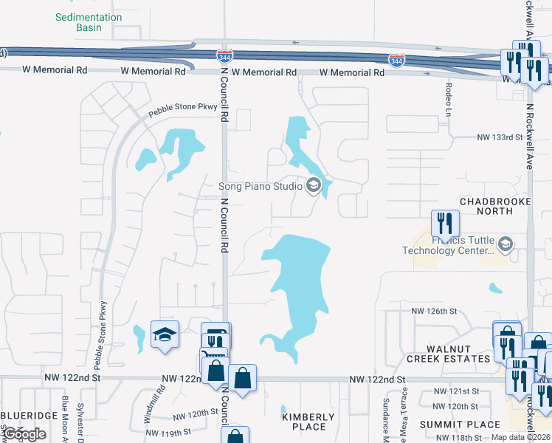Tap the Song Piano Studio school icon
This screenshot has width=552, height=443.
pyautogui.click(x=313, y=186)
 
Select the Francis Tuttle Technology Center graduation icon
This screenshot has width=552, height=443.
pyautogui.click(x=506, y=244)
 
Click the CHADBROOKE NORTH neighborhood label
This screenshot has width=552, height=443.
pyautogui.click(x=486, y=206)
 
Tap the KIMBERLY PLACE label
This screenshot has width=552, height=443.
pyautogui.click(x=308, y=422)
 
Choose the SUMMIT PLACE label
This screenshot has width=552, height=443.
pyautogui.click(x=450, y=425)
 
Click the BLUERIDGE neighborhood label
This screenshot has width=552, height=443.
pyautogui.click(x=29, y=416)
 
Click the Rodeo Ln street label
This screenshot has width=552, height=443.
pyautogui.click(x=448, y=98)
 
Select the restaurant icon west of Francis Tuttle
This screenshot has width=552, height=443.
pyautogui.click(x=445, y=222)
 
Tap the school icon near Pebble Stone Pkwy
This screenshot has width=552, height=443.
pyautogui.click(x=165, y=335)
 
